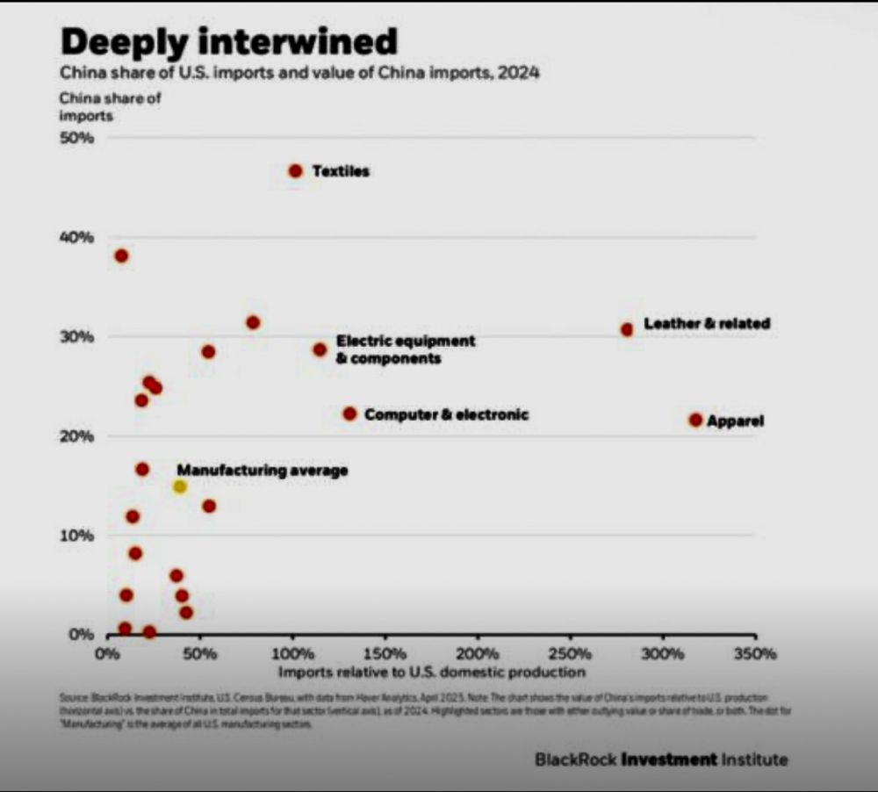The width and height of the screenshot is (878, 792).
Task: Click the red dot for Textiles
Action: point(296,171)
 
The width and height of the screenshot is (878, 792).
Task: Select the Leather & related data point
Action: point(627,329)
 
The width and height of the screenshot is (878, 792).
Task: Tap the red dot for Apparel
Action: point(695,420)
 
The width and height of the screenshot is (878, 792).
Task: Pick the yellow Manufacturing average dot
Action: point(180,486)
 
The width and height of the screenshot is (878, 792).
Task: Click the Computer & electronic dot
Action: point(349,414)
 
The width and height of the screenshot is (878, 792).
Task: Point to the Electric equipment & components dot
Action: point(320,349)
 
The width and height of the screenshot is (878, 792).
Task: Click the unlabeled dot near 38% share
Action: point(121,256)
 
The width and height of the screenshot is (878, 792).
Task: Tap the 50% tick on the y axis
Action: point(76,138)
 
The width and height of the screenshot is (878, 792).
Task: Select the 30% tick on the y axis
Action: point(76,337)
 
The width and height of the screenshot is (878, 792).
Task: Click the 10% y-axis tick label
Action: point(76,536)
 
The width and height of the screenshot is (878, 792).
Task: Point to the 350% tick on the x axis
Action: point(755,654)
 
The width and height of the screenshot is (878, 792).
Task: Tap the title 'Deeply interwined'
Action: point(228,41)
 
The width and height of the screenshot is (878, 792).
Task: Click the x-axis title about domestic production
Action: point(431,673)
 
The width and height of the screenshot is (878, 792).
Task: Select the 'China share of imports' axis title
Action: point(110,106)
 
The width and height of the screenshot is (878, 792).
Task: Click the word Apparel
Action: point(735,421)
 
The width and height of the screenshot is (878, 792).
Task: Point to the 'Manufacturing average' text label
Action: point(263,471)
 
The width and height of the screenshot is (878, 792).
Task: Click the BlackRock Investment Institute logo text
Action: point(661,759)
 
